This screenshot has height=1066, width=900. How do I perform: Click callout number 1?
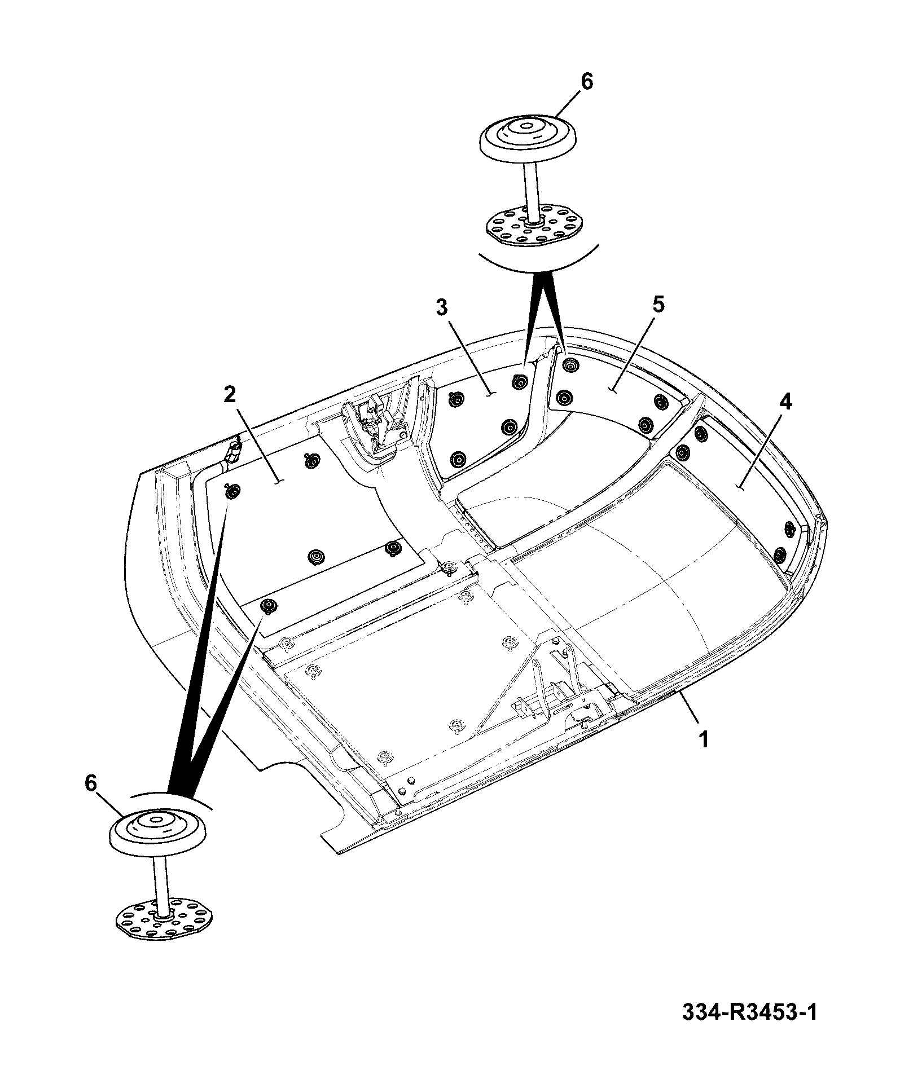pos(704,739)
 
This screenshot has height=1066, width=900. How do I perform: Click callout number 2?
pos(229,394)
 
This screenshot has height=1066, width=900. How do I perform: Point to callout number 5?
pos(658,305)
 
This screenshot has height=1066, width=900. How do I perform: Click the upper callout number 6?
pos(587,82)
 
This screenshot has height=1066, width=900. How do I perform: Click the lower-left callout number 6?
pos(91,783)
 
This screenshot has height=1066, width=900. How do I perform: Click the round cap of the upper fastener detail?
pos(528,136)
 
